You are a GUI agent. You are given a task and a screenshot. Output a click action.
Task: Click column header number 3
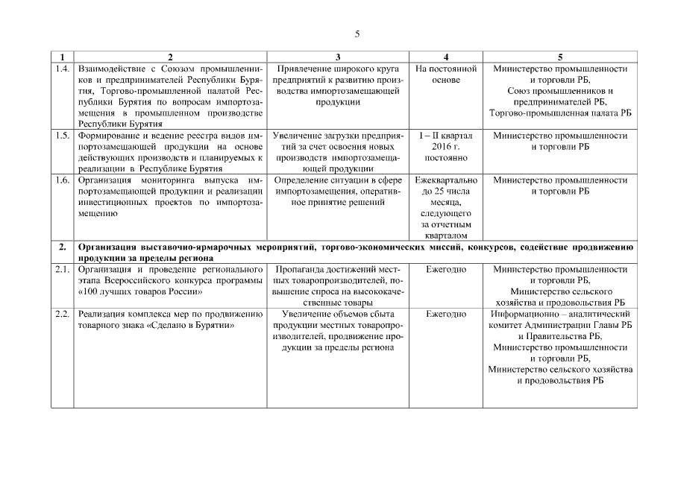pyautogui.click(x=338, y=57)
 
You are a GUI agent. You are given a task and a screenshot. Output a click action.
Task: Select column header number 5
pyautogui.click(x=560, y=57)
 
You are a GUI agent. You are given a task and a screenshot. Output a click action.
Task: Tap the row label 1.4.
pyautogui.click(x=63, y=69)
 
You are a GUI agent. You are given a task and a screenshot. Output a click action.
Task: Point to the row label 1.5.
pyautogui.click(x=63, y=136)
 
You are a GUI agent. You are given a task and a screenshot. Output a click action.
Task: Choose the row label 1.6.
pyautogui.click(x=63, y=180)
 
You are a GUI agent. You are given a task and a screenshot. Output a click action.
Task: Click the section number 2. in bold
pyautogui.click(x=63, y=247)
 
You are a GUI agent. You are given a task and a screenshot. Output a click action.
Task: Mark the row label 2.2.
pyautogui.click(x=63, y=314)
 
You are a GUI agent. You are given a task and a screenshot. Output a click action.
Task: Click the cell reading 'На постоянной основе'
pyautogui.click(x=446, y=74)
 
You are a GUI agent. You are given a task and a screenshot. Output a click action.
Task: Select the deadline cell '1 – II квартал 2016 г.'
pyautogui.click(x=446, y=141)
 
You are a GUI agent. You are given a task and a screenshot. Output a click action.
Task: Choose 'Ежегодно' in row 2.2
pyautogui.click(x=446, y=314)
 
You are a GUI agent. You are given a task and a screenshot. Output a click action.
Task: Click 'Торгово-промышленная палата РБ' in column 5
pyautogui.click(x=560, y=113)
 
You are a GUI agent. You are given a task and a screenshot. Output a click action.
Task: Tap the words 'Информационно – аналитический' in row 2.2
pyautogui.click(x=560, y=314)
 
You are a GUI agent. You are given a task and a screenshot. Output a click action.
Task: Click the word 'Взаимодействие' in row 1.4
pyautogui.click(x=110, y=69)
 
